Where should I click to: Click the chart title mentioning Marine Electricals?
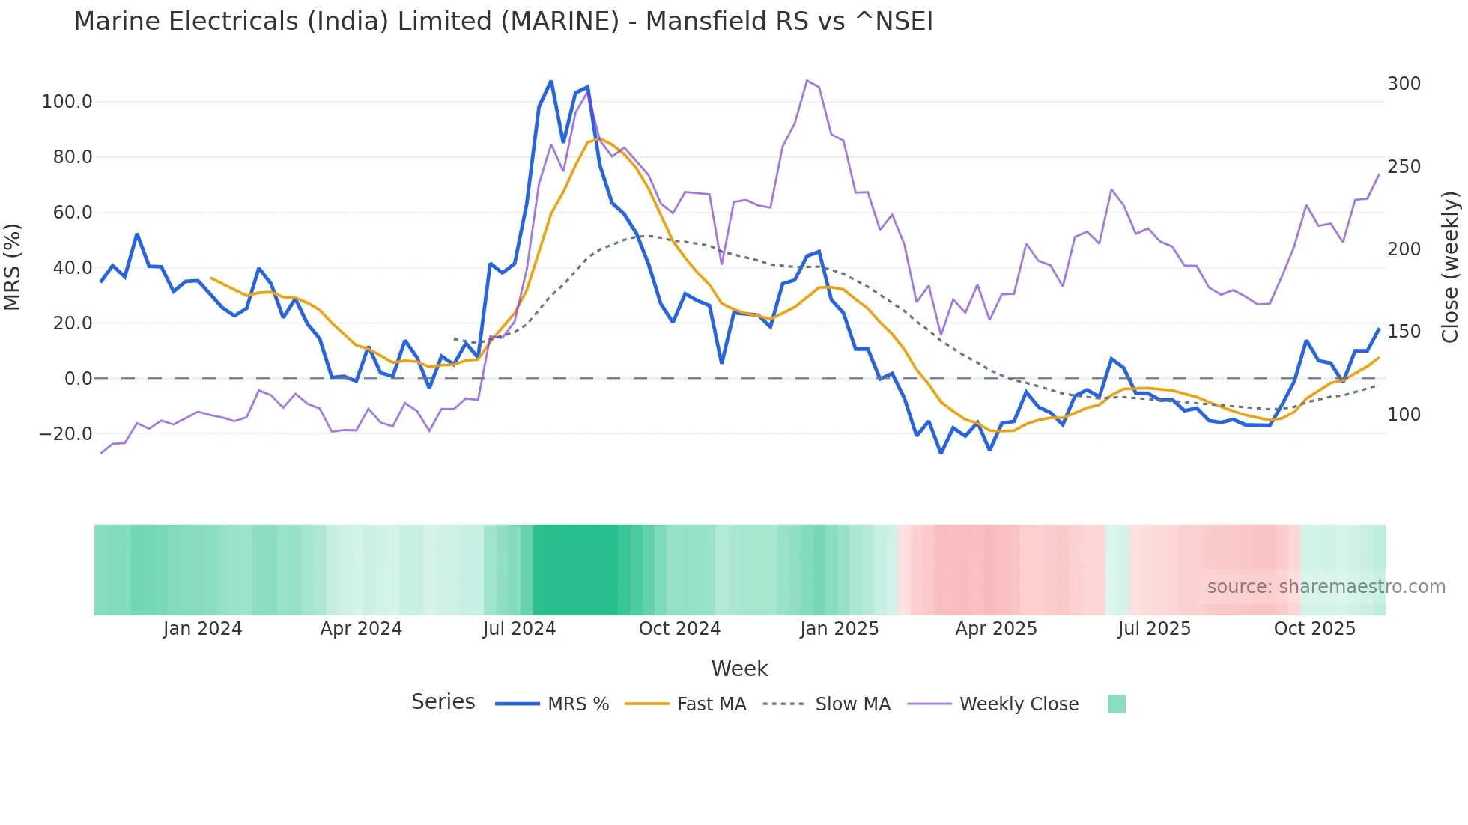pos(503,22)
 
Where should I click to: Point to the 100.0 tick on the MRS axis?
pos(67,102)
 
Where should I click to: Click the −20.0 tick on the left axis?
pos(65,434)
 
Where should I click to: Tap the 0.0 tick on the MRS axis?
pos(78,379)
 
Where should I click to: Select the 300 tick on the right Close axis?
pos(1404,84)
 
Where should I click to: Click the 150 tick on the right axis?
pos(1404,332)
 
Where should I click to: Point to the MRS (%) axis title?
pos(13,267)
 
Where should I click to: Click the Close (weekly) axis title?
pos(1450,267)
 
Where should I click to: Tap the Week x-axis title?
pos(739,669)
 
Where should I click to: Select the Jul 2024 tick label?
pos(519,629)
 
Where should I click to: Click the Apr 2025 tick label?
pos(995,629)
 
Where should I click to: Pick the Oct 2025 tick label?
pos(1314,629)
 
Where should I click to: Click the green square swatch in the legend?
pos(1116,704)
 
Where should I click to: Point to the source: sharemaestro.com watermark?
pos(1326,587)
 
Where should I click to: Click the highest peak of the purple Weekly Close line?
pos(807,80)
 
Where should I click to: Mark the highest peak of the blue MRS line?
pos(551,81)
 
